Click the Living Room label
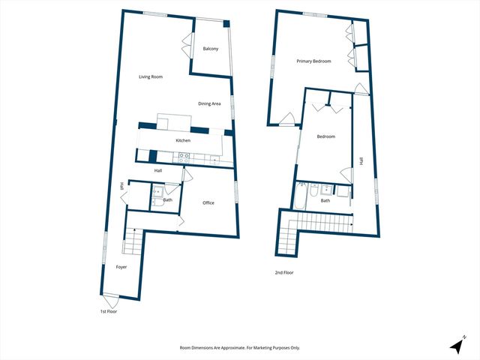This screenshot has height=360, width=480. coord(151,76)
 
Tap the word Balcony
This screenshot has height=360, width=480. coord(211,49)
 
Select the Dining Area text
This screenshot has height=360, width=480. coord(209,103)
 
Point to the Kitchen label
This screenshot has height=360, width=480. coord(183,140)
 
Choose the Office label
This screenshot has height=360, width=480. coord(208,202)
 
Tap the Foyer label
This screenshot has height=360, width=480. coord(121,267)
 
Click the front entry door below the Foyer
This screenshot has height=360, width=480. coord(111,301)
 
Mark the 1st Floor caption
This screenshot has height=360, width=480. coord(109,310)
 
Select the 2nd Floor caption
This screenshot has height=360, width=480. coord(283,272)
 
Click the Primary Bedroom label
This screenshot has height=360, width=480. coord(313,61)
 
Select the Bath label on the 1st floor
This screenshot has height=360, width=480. coord(168,199)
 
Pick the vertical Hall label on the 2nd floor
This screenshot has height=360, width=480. coord(361,160)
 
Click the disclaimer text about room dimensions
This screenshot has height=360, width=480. coord(240,347)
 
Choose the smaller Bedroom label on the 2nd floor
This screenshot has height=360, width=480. coord(325,136)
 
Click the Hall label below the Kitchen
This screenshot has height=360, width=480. coord(158,171)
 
